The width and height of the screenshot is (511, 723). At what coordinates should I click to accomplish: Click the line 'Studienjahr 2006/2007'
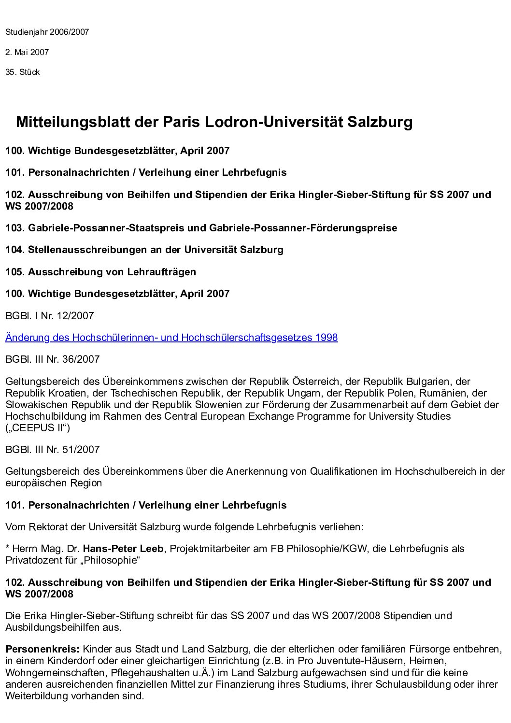[x=47, y=32]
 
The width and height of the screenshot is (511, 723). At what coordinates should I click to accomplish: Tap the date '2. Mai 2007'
[x=27, y=52]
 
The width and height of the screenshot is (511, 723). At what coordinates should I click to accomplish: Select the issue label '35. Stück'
[x=22, y=72]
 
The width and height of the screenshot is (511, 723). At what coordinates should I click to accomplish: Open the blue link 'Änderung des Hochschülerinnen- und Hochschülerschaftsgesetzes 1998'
[x=171, y=338]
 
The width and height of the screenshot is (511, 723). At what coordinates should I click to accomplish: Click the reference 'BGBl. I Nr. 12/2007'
[x=49, y=316]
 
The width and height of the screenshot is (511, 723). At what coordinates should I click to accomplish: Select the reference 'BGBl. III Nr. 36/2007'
[x=52, y=359]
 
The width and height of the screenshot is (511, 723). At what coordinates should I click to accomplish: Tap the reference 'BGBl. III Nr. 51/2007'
[x=52, y=450]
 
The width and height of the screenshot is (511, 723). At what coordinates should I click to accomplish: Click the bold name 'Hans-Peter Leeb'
[x=123, y=549]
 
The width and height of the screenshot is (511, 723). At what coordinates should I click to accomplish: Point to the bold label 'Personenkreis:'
[x=43, y=649]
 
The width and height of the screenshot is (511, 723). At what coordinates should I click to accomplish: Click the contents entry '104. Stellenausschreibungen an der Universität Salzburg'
[x=144, y=250]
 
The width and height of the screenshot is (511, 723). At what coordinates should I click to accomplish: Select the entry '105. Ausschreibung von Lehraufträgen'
[x=100, y=272]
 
